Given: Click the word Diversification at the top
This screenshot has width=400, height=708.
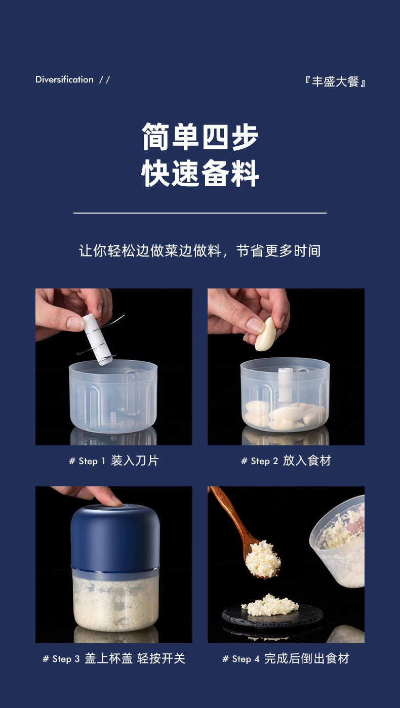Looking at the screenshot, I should pos(64,79).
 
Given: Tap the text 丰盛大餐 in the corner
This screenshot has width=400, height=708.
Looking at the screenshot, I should pos(336,81).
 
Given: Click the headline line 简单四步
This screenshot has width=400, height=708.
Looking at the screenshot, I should pos(200,137).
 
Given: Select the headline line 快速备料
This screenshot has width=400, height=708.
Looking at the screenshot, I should pos(200,174).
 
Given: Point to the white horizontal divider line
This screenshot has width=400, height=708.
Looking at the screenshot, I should pos(200,213).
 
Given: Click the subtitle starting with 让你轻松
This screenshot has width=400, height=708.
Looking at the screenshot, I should pos(200,251).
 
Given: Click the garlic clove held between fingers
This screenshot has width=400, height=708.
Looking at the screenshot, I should pos(265,334).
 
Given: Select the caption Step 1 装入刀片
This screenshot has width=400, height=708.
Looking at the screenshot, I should pos(114,461).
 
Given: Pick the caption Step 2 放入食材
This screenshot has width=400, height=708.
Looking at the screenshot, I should pos(286,461).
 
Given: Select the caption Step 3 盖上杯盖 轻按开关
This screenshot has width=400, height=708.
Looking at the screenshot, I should pos(114,658).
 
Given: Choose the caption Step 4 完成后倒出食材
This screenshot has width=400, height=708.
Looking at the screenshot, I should pos(286,658).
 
